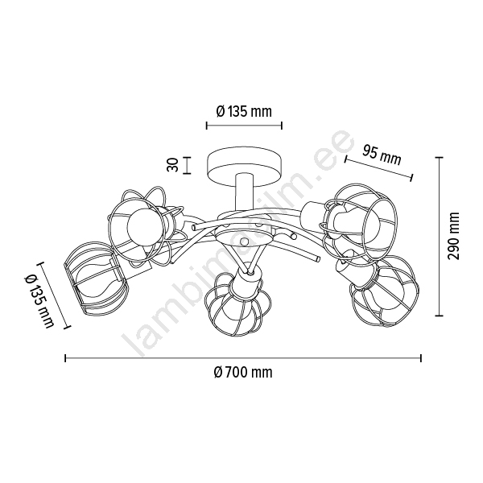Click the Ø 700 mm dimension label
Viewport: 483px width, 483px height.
tap(243, 373)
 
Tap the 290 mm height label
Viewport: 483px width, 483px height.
tap(453, 236)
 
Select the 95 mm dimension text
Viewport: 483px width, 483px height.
tap(382, 155)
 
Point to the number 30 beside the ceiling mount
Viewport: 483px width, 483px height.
tap(172, 165)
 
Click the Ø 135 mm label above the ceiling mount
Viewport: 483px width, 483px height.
tap(244, 111)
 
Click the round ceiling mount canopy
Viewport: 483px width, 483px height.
tap(244, 169)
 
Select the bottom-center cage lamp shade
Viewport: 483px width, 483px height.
tap(237, 303)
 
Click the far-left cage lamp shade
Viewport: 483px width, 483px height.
tap(96, 282)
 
